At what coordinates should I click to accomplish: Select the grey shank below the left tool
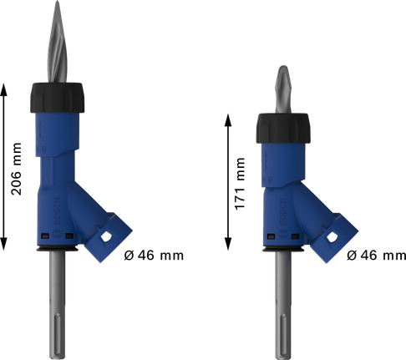pyautogui.click(x=63, y=292)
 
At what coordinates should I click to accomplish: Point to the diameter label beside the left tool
pyautogui.click(x=154, y=256)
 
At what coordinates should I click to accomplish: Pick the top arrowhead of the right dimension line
pyautogui.click(x=229, y=116)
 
